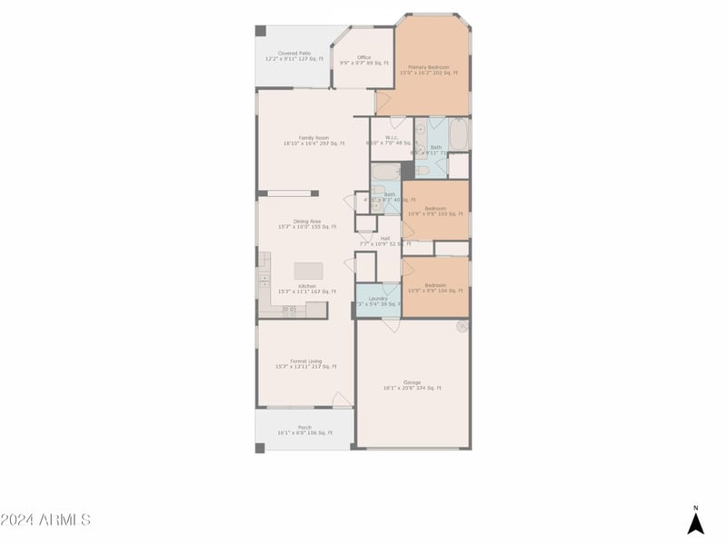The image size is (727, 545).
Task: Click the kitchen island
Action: pyautogui.click(x=309, y=271)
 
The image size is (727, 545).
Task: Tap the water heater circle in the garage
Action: pyautogui.click(x=463, y=324)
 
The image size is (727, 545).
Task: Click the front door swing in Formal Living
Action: pyautogui.click(x=342, y=400)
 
